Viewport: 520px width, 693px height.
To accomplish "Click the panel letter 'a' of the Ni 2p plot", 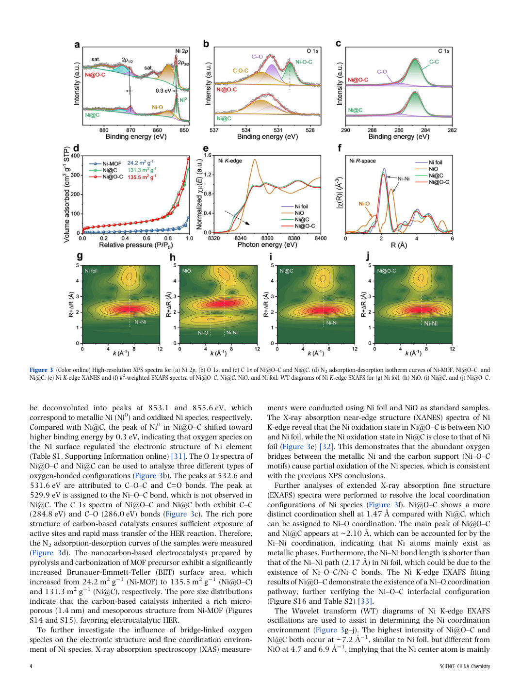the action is pos(77,45).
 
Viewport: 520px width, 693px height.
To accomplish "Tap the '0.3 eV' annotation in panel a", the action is pos(163,91).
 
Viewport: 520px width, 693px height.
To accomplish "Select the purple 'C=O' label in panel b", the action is pos(257,57).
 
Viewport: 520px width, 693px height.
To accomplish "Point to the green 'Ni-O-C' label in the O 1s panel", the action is pos(303,62).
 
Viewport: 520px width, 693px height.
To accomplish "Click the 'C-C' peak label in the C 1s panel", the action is pos(434,62).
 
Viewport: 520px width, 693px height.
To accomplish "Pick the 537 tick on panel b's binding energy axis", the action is pos(214,130).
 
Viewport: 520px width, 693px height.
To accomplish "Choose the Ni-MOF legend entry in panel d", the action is pos(106,163).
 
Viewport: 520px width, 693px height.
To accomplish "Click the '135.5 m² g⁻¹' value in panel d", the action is pos(142,177).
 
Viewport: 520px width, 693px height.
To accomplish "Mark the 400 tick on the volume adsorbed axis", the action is pos(76,156).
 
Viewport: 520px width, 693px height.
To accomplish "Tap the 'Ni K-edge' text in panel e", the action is pos(230,161).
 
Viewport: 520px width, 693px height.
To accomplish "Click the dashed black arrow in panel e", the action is pos(237,218).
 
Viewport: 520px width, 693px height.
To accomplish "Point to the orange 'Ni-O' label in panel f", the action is pos(364,204).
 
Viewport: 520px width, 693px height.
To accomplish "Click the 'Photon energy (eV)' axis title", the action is pos(267,245).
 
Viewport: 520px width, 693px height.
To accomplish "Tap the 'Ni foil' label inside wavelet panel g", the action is pos(91,271).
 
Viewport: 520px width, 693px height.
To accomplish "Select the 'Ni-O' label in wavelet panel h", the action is pos(203,333).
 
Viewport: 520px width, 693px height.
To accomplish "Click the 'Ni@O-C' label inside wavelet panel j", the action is pos(387,271).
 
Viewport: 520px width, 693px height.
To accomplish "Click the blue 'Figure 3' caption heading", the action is pos(41,370).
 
